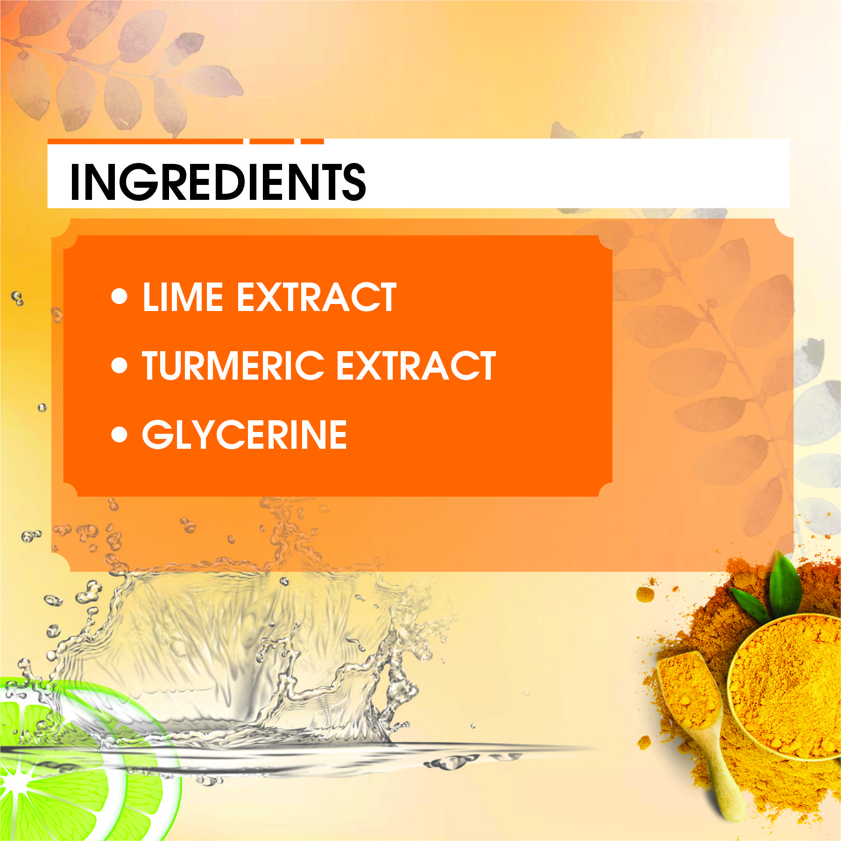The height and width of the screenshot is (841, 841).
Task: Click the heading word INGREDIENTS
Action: pos(217,182)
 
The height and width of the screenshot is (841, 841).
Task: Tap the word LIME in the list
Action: pos(183,297)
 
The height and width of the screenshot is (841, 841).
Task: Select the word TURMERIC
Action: pos(233,366)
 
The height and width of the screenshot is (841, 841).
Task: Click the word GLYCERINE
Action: pos(244,434)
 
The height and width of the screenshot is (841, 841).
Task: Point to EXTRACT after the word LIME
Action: pos(317,297)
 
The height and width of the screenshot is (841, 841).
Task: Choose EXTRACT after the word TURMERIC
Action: pos(416,366)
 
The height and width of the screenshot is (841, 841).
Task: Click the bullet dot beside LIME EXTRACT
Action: pos(120,297)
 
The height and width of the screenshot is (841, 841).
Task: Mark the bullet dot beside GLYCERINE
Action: pos(120,434)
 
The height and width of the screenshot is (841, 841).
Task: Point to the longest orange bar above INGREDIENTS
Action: pos(145,141)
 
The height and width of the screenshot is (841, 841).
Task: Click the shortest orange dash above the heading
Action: pos(312,141)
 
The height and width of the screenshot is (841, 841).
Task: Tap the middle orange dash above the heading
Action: pos(271,141)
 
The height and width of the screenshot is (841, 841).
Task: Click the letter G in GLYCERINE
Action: pos(157,434)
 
